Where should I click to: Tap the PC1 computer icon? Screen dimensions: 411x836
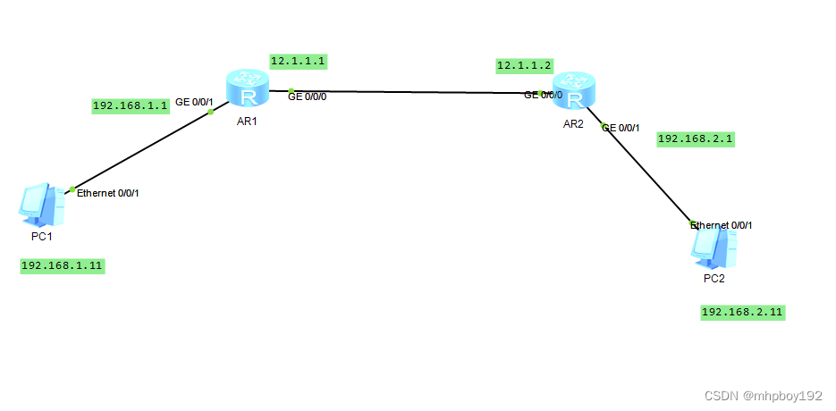click(x=42, y=205)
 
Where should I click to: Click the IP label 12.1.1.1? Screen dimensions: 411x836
click(x=298, y=62)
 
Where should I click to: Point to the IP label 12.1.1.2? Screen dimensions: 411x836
click(x=525, y=65)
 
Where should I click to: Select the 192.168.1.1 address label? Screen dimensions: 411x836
click(x=131, y=105)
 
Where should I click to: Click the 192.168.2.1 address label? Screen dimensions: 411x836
click(x=696, y=138)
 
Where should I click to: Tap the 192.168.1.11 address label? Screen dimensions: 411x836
click(x=63, y=265)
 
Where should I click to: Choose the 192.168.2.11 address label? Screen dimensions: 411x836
click(x=743, y=312)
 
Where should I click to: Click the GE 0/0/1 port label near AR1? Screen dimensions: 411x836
click(x=194, y=102)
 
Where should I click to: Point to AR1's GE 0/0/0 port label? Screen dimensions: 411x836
click(x=307, y=96)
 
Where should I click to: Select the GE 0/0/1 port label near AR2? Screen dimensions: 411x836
click(x=621, y=128)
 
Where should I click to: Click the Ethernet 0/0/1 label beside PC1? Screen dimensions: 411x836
click(x=108, y=193)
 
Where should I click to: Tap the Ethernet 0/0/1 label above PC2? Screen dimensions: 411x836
click(x=722, y=225)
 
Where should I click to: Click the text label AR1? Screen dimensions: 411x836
click(x=247, y=122)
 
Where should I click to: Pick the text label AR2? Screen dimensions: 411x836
click(x=573, y=124)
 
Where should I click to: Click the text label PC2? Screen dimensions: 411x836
click(x=714, y=278)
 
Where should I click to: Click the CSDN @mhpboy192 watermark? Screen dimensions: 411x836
click(x=763, y=396)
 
